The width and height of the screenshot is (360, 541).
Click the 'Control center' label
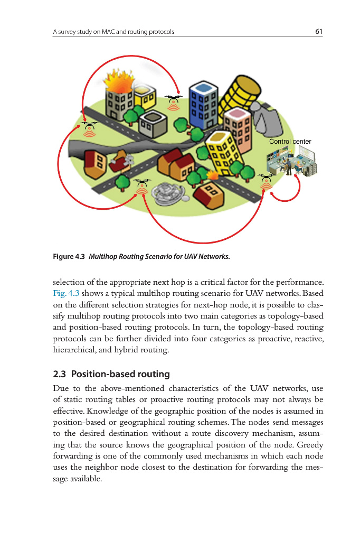[x=290, y=142]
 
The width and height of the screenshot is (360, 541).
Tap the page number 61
[x=318, y=32]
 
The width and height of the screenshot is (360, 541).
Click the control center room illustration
[x=293, y=161]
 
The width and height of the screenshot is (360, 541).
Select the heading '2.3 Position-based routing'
[x=111, y=374]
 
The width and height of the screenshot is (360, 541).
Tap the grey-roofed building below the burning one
[x=154, y=121]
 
